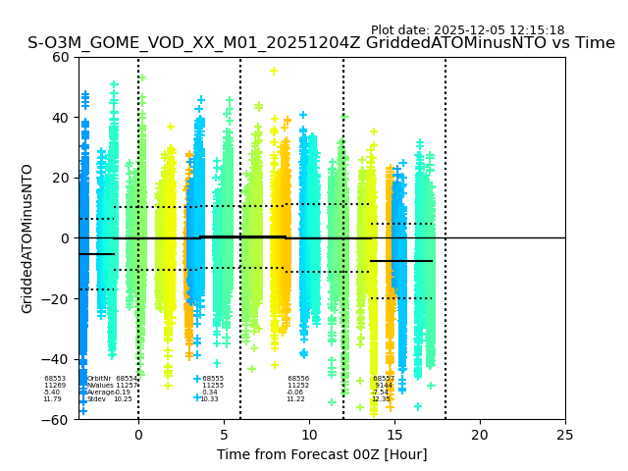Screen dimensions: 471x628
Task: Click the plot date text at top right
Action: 467,30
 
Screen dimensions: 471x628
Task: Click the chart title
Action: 321,43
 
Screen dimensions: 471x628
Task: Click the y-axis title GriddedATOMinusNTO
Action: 27,238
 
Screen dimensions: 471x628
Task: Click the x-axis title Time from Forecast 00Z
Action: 322,454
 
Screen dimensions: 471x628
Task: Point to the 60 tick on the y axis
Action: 61,57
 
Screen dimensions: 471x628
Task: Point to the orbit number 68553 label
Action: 55,379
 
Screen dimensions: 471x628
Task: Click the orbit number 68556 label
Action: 298,379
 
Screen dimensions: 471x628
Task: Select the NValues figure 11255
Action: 213,386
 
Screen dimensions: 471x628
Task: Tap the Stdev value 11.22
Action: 295,399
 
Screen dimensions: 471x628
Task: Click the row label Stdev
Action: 96,399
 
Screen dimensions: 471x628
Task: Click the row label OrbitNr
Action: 99,379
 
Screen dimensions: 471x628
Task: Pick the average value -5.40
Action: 51,392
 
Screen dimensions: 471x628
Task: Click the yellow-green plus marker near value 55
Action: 274,71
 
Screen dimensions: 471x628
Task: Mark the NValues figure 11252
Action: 298,386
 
